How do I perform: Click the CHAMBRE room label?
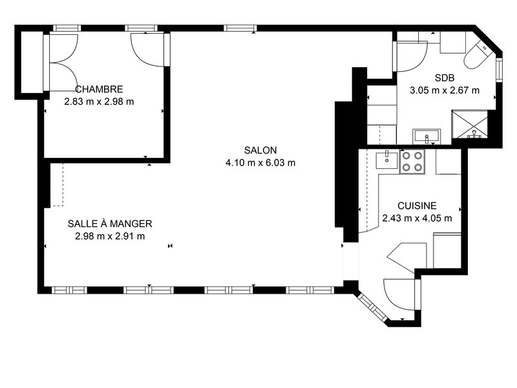100,89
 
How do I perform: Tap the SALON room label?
260,150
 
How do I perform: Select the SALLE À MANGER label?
110,224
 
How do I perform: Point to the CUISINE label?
417,206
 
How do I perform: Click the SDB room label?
445,78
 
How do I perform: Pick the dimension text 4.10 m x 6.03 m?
260,163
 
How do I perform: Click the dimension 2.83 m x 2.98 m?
100,102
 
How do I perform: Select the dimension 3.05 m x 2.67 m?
445,90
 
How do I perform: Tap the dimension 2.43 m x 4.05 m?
417,218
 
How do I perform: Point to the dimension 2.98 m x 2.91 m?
110,236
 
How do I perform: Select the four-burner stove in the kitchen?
412,161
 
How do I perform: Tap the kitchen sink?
387,159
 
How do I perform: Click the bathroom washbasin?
427,136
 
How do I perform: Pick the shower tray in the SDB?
469,124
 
